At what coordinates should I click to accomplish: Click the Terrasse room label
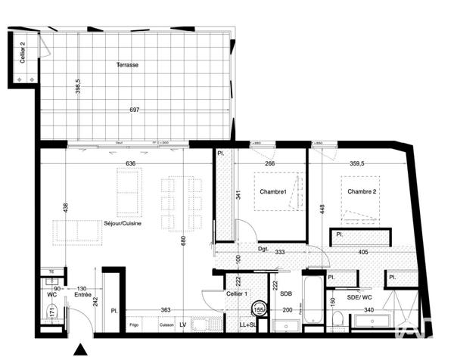click(x=126, y=65)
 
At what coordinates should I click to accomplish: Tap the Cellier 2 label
click(x=23, y=53)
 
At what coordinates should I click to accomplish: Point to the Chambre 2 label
click(x=362, y=191)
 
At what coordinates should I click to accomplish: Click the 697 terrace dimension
click(x=135, y=110)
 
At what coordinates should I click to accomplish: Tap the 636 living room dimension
click(x=130, y=163)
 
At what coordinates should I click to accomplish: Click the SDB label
click(x=286, y=293)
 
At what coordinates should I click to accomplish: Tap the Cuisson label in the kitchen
click(x=166, y=325)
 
